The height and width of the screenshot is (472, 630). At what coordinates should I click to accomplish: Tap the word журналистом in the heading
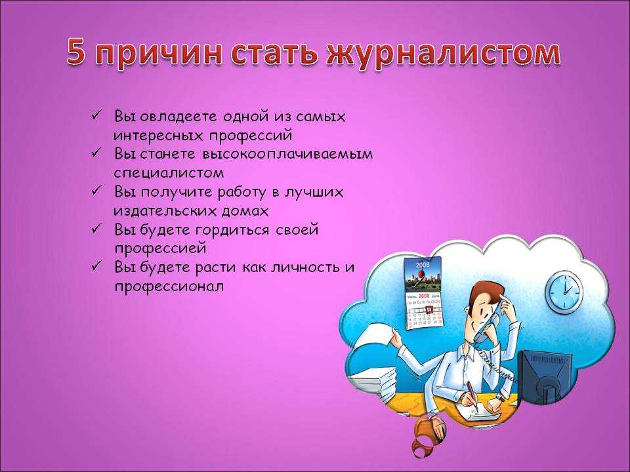443,52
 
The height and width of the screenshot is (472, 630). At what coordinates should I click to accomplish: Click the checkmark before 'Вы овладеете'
96,115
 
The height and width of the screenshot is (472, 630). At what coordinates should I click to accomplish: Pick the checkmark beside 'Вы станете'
96,153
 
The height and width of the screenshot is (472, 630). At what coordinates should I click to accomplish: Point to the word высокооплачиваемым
287,154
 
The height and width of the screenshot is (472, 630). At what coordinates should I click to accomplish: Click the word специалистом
169,173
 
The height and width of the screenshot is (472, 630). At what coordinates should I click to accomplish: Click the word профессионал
169,287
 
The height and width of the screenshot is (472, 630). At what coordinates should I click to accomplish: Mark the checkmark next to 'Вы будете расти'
96,265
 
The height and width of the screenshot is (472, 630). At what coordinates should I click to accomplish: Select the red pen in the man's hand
472,395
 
